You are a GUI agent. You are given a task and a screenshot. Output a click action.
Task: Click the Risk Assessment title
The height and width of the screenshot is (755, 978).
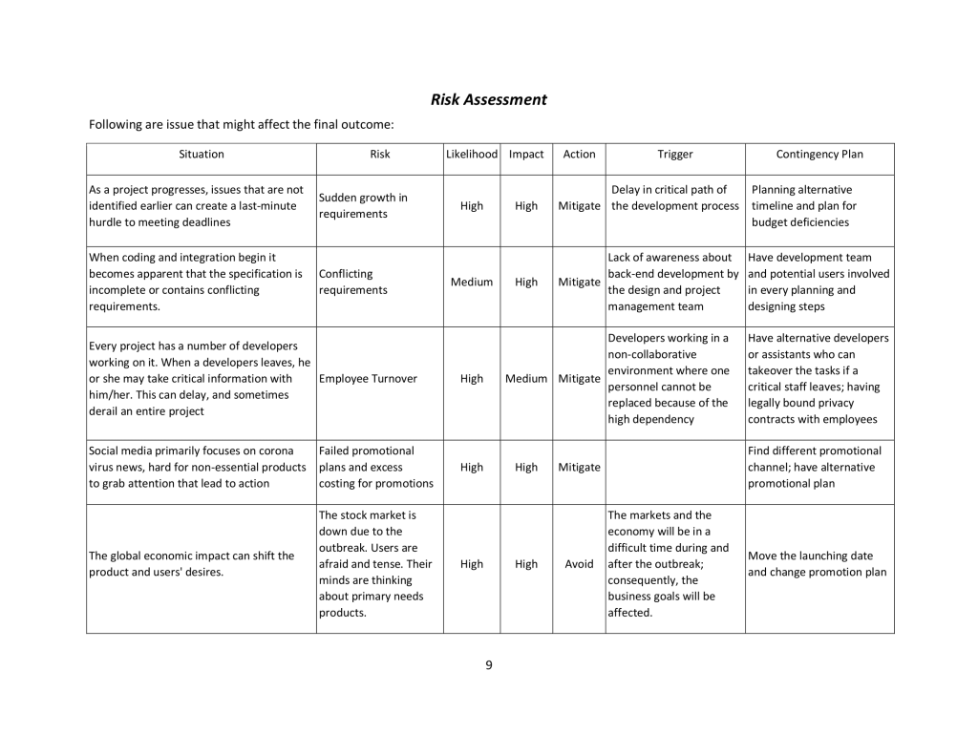tap(488, 99)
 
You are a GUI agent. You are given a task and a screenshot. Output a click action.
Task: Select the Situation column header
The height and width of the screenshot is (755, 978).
tap(202, 154)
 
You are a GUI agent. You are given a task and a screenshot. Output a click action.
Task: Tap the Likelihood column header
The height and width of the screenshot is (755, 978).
tap(472, 154)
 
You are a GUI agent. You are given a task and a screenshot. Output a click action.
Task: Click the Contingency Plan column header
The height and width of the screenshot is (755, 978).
tap(819, 154)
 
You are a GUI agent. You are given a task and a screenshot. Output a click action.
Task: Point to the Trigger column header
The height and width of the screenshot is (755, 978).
tap(675, 154)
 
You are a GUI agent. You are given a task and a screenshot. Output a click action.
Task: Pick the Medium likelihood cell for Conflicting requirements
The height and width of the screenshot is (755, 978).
tap(472, 282)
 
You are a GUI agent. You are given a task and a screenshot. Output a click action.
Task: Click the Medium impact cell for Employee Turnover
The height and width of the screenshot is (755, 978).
tap(526, 378)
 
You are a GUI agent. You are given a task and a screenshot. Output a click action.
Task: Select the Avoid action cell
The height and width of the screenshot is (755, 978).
tap(579, 563)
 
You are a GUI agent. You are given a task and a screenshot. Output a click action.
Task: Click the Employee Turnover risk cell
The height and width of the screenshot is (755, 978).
tap(368, 379)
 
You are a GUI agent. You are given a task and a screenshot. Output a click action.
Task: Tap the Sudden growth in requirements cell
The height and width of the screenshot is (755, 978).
tap(363, 205)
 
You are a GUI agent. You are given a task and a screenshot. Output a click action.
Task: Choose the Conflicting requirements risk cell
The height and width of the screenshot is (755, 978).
tap(353, 282)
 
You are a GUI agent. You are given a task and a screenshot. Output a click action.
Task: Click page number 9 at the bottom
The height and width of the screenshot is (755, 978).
tap(489, 665)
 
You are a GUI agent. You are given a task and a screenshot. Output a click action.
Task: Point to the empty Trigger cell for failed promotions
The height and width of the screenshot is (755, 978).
tap(675, 468)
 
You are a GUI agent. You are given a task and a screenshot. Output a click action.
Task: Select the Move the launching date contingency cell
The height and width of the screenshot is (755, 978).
tap(818, 563)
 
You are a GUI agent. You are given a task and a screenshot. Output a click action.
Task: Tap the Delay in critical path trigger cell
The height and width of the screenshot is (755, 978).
tap(675, 198)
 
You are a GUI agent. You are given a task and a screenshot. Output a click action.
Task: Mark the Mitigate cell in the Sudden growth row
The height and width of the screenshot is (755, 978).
tap(579, 205)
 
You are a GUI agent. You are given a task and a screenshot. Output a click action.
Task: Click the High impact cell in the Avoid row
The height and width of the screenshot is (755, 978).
tap(526, 563)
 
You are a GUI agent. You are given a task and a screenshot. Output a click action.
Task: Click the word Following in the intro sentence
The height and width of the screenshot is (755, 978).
tap(115, 124)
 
